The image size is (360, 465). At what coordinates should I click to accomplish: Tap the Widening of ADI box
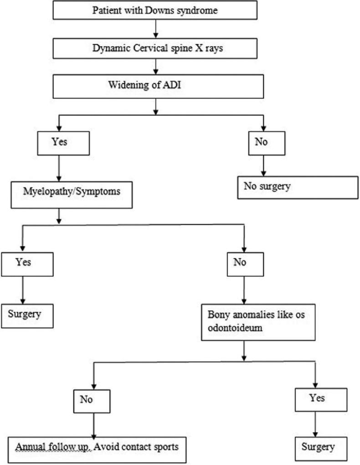tap(157, 87)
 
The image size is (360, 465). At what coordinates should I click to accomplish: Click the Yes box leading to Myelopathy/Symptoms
tap(59, 143)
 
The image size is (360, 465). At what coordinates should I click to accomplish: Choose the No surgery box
tap(298, 187)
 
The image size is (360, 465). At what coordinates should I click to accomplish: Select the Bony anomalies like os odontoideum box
tap(258, 321)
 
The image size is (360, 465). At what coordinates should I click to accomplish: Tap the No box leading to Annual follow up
tap(93, 400)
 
